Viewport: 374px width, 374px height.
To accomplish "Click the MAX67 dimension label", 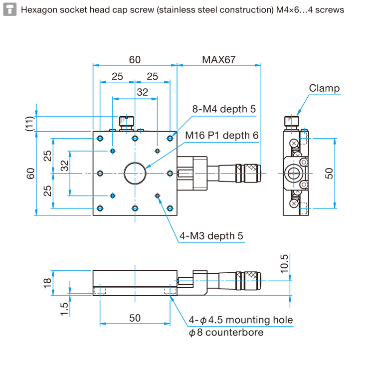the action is pos(219,60).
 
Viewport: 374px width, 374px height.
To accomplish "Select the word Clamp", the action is pos(324,88).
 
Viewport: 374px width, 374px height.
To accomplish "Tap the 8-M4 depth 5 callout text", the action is pos(224,109).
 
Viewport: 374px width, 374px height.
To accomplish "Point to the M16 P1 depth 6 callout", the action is pos(222,135).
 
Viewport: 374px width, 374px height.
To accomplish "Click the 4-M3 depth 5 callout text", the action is pos(211,236).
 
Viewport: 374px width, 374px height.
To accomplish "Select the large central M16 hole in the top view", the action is pos(135,173).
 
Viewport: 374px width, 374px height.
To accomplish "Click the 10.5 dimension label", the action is pos(284,264).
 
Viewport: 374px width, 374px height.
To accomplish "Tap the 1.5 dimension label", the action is pos(64,309).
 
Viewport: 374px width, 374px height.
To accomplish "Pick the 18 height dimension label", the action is pos(47,283).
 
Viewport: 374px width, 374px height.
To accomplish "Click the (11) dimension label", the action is pos(29,124).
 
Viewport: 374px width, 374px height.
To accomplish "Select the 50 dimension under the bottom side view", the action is pos(135,318).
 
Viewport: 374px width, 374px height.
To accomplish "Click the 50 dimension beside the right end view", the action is pos(329,173).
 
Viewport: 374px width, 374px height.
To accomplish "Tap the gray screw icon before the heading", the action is pos(10,9).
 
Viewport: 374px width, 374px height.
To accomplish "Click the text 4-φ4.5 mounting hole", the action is pos(241,320).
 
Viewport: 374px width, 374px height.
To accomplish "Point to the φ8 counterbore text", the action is pos(226,332).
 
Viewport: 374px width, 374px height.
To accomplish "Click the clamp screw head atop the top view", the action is pos(127,121).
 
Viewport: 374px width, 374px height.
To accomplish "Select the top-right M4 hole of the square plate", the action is pos(170,138).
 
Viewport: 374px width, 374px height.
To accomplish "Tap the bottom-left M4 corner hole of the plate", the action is pos(100,208).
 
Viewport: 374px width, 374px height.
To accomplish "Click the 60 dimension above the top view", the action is pos(135,60).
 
